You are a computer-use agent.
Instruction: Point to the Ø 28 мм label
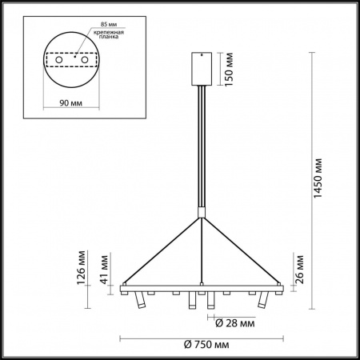pos(235,324)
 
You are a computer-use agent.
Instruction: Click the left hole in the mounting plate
pos(58,62)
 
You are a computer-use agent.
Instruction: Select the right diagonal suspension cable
pos(240,248)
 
